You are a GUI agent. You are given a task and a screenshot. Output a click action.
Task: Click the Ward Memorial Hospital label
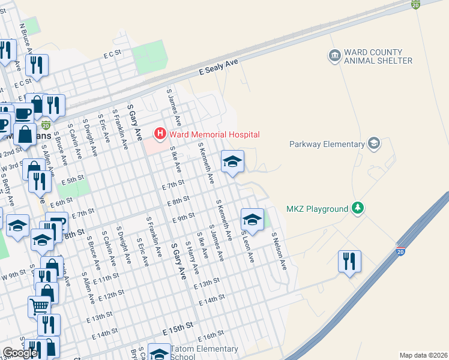214,134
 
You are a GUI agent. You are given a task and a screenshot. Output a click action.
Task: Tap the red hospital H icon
160,133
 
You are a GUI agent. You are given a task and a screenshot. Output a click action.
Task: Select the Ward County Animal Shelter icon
334,56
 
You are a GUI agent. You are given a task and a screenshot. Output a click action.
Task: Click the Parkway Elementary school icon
374,143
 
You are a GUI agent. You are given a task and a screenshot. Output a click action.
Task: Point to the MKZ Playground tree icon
358,208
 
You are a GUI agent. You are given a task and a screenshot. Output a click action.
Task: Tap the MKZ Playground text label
317,209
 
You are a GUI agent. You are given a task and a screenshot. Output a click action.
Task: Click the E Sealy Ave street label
219,66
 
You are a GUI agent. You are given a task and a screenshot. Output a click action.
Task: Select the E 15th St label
178,326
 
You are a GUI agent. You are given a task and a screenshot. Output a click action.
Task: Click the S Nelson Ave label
279,251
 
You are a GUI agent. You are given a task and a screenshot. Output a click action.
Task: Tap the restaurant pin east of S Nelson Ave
349,261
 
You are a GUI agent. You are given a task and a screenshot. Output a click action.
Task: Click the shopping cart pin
39,307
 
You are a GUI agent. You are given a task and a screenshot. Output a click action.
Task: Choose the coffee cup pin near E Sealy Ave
23,113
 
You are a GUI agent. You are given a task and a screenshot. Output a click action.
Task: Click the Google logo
20,353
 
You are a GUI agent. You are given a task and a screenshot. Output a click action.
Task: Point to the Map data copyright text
423,355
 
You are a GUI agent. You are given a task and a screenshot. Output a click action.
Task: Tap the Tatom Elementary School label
204,353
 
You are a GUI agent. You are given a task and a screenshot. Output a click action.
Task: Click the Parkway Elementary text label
327,144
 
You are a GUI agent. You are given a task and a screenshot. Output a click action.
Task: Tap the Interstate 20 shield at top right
415,4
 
